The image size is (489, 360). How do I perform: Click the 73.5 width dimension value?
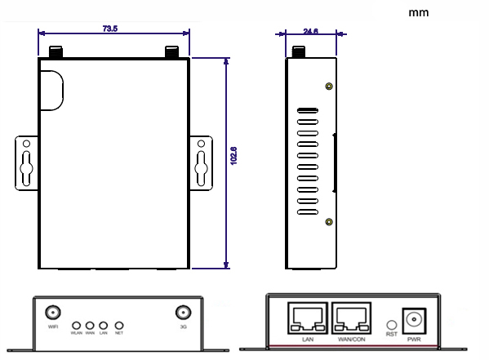coord(110,29)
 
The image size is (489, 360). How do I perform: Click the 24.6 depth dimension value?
coord(310,32)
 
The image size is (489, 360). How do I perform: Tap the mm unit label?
coord(417,12)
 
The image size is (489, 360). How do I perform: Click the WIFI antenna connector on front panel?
coord(53,313)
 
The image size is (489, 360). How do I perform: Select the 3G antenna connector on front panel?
coord(182,313)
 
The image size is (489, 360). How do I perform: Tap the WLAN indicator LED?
coord(76,325)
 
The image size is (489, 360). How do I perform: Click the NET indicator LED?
coord(118,325)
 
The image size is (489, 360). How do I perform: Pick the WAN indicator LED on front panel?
coord(90,325)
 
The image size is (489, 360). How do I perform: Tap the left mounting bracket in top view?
coord(26,162)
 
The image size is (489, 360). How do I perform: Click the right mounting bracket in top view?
coord(202,162)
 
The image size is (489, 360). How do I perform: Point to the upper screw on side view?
coord(328,87)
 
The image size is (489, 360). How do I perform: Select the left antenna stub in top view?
coord(56,51)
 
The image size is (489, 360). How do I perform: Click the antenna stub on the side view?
coord(299,51)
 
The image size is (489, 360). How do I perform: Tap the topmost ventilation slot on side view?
coord(308,111)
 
